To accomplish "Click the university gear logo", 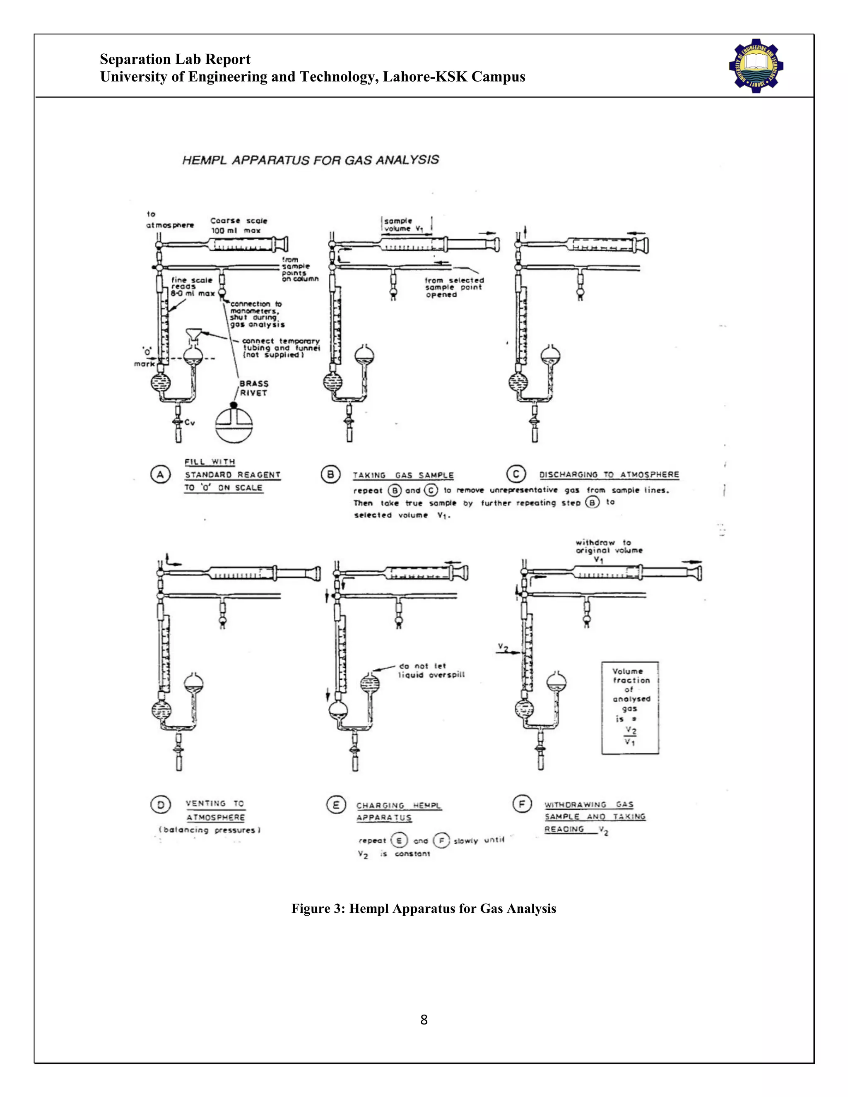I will (x=756, y=66).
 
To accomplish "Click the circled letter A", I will (x=160, y=475).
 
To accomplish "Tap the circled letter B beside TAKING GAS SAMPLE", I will (x=330, y=475).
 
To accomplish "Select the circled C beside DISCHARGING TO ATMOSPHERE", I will (x=516, y=474).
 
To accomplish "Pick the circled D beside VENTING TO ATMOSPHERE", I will (x=160, y=805).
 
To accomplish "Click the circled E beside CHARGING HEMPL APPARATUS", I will (x=335, y=805).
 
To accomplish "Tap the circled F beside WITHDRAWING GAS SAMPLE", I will (x=522, y=804).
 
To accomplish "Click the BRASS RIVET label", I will (x=254, y=388).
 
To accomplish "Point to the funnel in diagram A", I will (x=193, y=334).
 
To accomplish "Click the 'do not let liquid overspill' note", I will (x=431, y=671).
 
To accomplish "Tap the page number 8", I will (x=424, y=1020).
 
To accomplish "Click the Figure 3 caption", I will (x=424, y=909).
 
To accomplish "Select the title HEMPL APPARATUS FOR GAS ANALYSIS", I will (x=311, y=160).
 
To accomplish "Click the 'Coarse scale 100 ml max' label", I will (x=238, y=226).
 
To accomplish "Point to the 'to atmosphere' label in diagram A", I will (x=169, y=220).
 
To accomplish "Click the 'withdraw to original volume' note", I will (x=608, y=546).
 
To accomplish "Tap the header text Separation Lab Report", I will (x=175, y=59).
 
